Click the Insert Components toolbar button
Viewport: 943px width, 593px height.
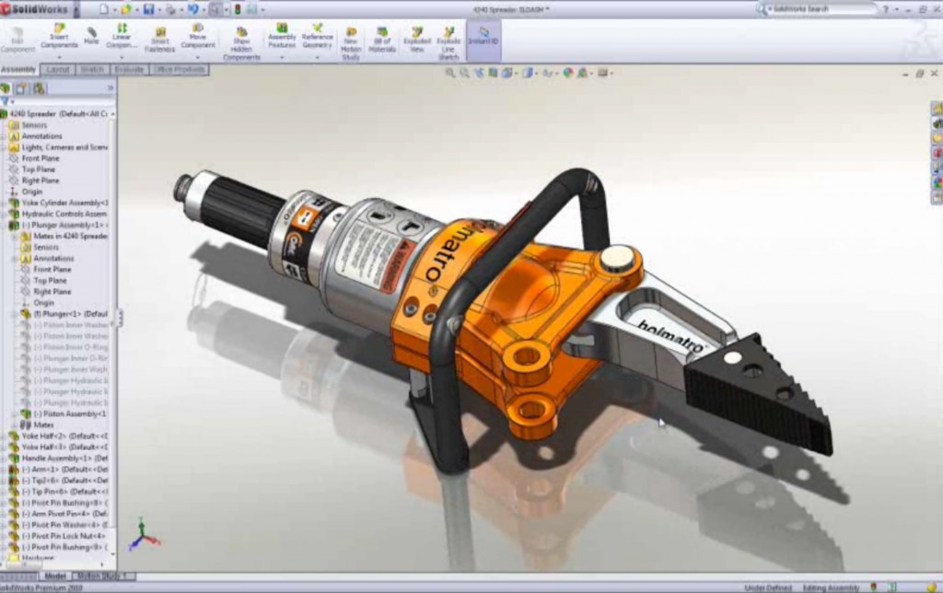[59, 37]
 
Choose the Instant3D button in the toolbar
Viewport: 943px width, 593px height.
[483, 37]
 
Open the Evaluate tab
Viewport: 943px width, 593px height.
[128, 70]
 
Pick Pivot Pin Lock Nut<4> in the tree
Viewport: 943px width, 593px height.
[63, 535]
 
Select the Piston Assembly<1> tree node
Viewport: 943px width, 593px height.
[64, 413]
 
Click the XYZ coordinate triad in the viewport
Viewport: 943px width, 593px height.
[143, 534]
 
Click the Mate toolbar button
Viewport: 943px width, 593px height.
[91, 37]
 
